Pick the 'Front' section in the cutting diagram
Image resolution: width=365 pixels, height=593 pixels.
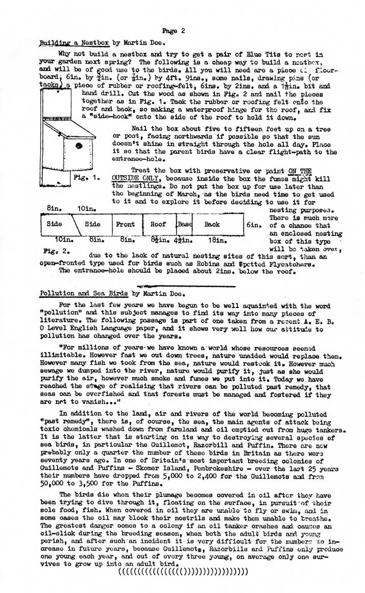click(126, 224)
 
